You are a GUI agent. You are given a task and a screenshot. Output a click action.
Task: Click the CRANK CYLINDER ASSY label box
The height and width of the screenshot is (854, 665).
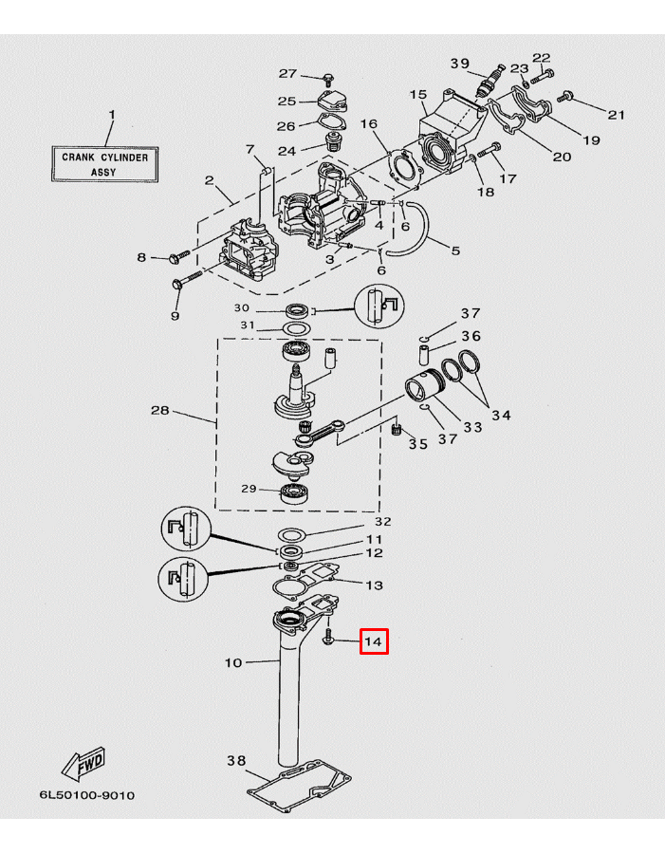coord(105,164)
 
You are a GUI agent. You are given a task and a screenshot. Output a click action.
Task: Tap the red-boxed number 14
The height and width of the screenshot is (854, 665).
coord(373,642)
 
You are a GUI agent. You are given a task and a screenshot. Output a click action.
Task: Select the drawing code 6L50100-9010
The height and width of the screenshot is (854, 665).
coord(86,794)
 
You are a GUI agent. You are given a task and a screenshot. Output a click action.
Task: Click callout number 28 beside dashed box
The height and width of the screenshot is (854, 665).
coord(160,411)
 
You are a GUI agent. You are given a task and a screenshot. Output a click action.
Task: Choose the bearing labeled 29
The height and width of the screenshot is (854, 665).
coord(294,492)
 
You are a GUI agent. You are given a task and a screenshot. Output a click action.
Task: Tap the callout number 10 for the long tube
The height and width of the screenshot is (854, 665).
coord(233,662)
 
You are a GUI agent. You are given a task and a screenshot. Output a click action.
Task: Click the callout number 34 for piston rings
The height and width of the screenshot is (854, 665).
coord(501,415)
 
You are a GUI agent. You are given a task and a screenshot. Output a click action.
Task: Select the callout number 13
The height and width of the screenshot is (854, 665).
coord(375,585)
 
